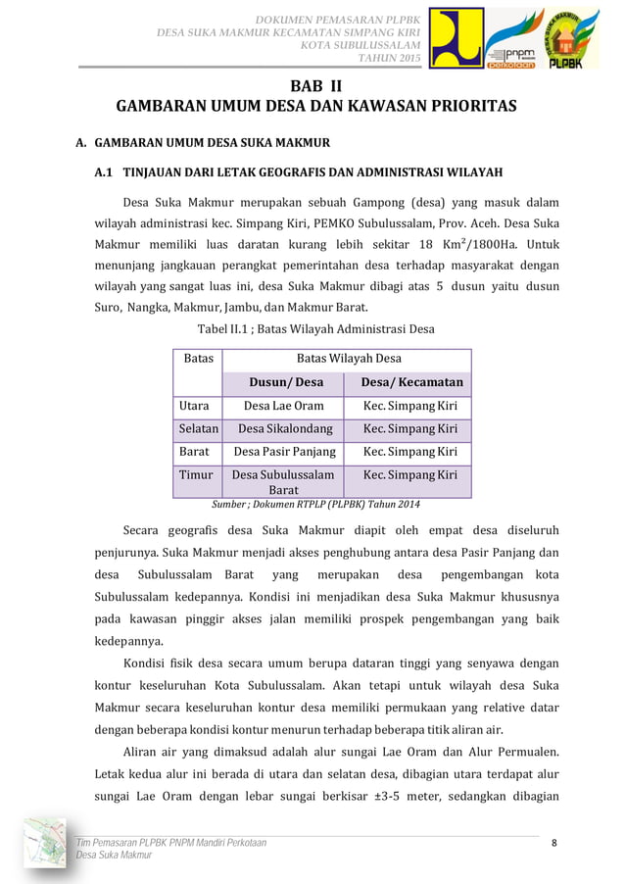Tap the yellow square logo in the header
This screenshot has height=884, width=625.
point(457,40)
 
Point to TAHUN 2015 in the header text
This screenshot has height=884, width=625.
point(389,59)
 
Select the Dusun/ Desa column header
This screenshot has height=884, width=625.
point(283,382)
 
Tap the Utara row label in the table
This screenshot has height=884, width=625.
point(194,405)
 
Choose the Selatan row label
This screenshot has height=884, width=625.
point(198,428)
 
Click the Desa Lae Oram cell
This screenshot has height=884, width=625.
point(283,405)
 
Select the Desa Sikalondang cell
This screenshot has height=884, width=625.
point(284,428)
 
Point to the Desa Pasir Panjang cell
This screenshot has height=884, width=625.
point(284,452)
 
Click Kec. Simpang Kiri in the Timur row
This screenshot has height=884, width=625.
point(409,475)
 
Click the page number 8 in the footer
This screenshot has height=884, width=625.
point(553,843)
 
